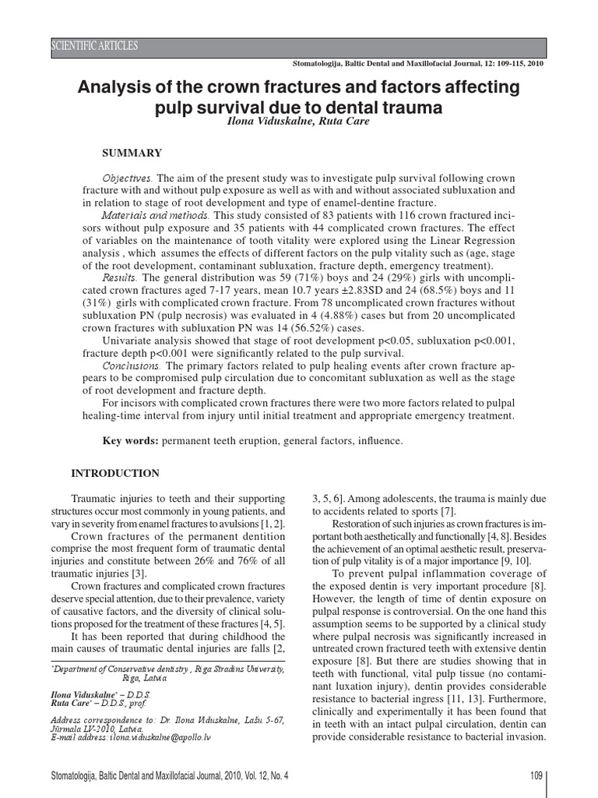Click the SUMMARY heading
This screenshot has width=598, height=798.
pos(132,153)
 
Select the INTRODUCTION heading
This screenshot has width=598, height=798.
pos(115,473)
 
